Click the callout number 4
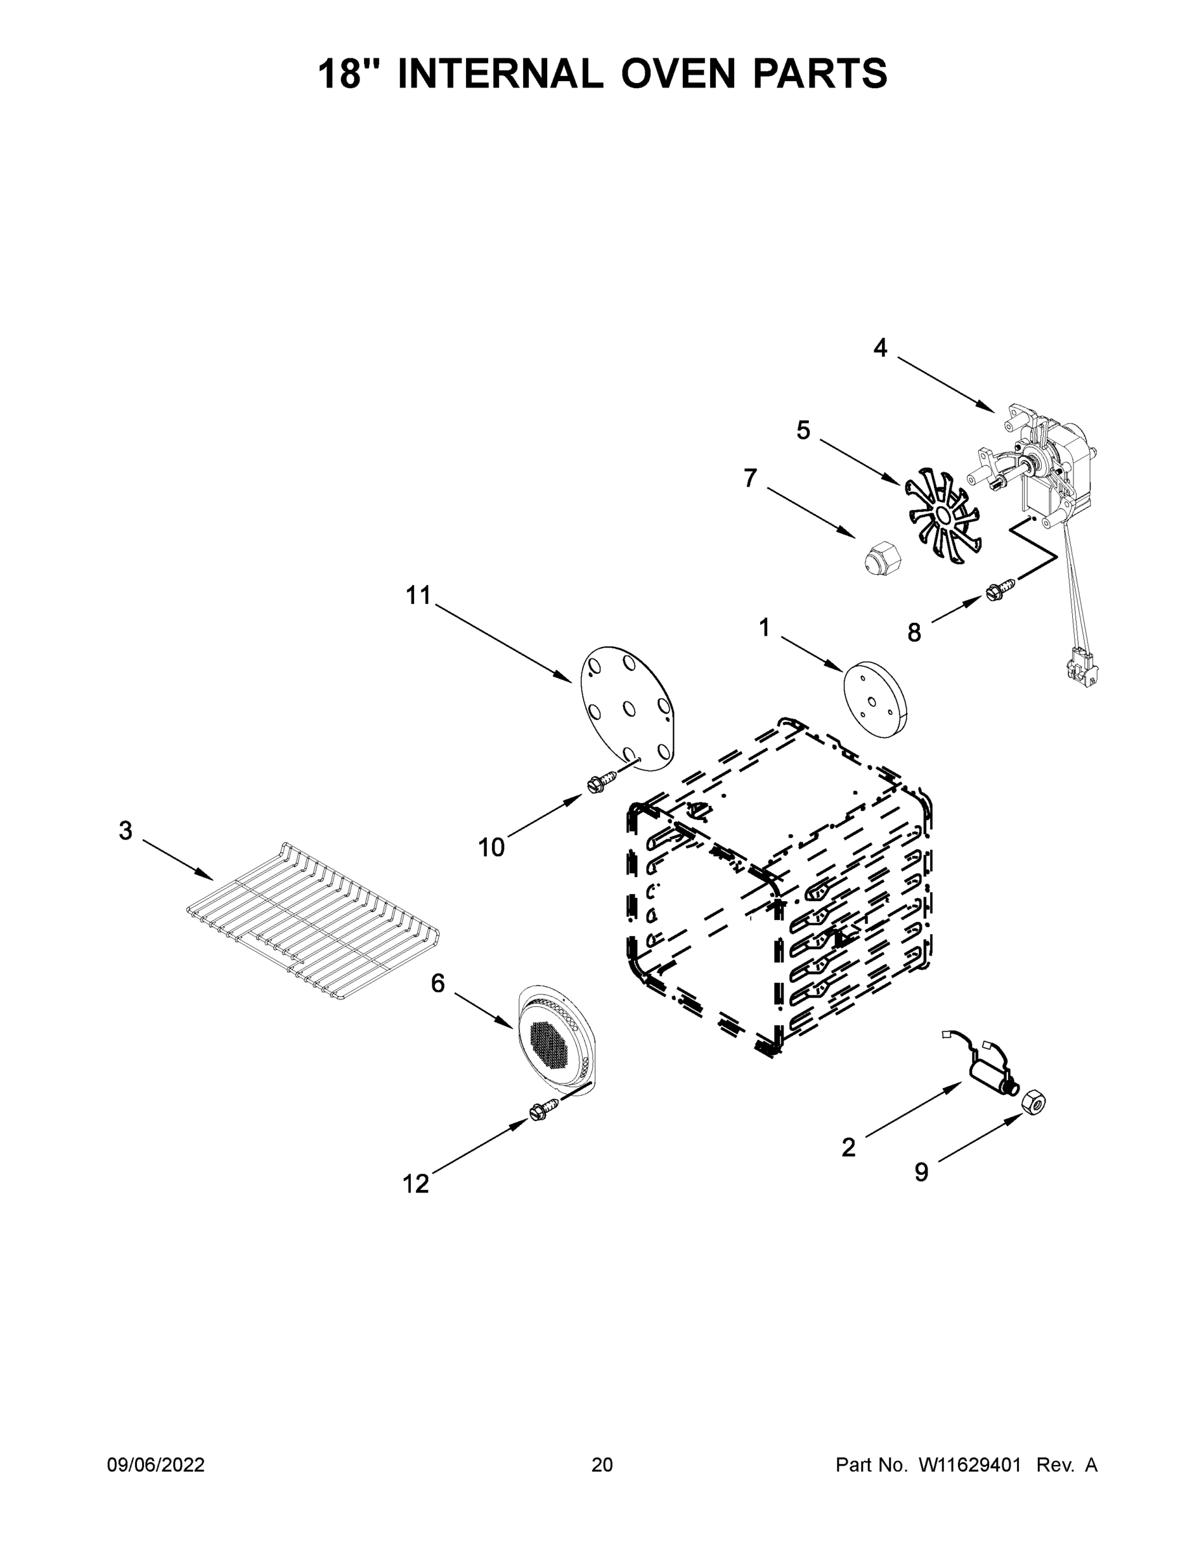880,348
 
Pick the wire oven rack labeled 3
312,921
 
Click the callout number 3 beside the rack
125,830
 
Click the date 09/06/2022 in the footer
156,1464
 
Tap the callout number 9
922,1172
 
